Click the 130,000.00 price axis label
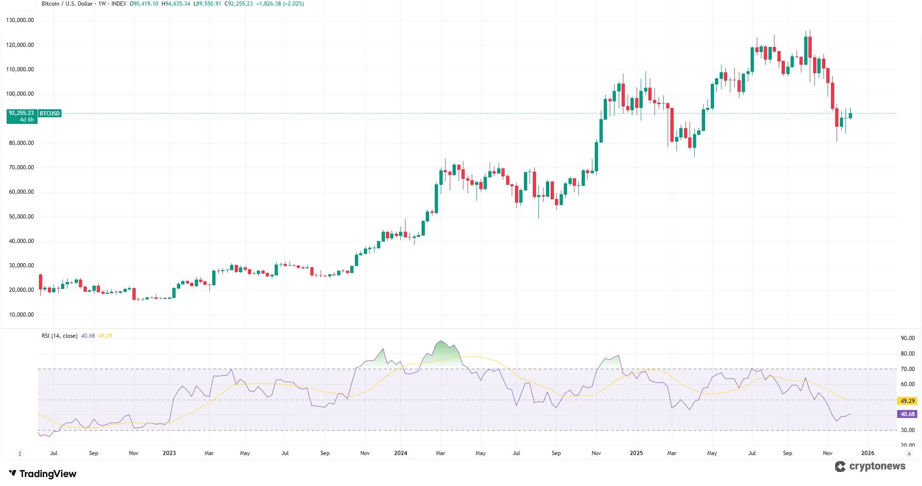point(20,20)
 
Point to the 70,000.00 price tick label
point(21,167)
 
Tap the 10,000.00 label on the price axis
point(21,315)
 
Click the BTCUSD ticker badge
point(50,114)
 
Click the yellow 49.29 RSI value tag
point(907,401)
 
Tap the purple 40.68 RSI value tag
point(907,414)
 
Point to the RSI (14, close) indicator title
point(60,336)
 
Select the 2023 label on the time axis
point(169,453)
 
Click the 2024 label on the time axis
point(400,453)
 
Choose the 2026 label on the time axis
point(868,453)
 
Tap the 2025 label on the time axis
point(636,453)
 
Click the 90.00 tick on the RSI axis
point(907,338)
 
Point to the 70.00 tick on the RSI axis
point(907,369)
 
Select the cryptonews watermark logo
point(871,466)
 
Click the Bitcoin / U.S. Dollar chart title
point(67,4)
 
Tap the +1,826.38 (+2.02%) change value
point(280,4)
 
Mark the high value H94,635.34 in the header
point(176,4)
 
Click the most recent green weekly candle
point(850,115)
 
